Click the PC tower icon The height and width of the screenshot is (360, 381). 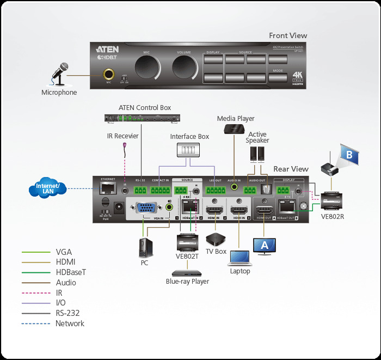point(144,247)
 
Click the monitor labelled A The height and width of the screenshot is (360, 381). point(265,246)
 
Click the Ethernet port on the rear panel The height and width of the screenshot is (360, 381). point(107,188)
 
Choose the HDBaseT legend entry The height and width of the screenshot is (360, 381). point(70,272)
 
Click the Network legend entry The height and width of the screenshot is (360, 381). point(70,324)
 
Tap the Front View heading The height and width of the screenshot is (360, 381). point(288,35)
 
